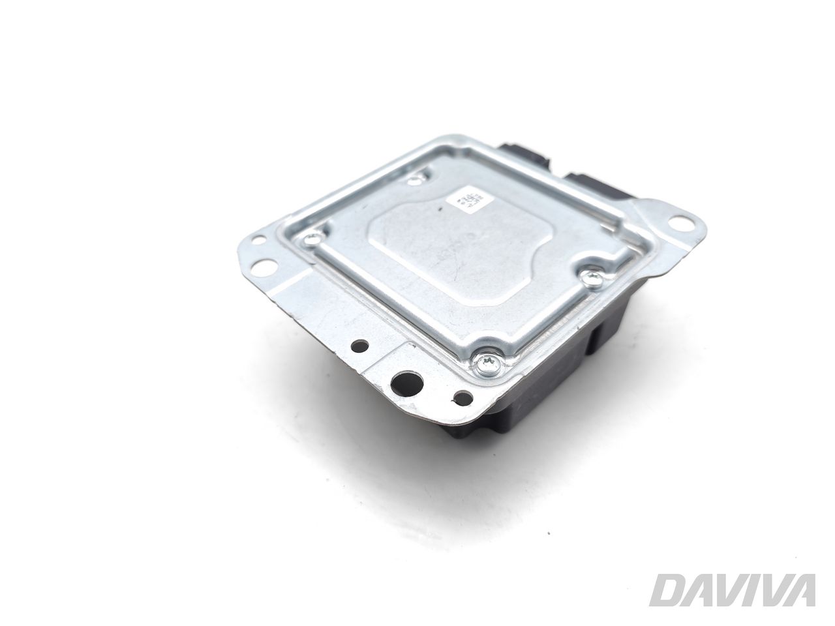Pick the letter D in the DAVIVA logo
click(x=667, y=590)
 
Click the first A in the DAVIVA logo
click(x=695, y=590)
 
